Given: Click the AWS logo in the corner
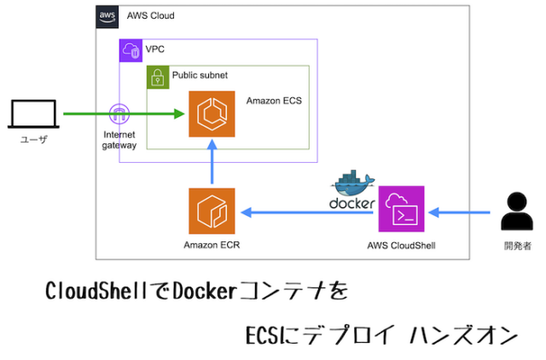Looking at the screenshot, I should (x=107, y=15).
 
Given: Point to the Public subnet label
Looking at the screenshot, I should (x=200, y=75).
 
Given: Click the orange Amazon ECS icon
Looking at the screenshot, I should (x=211, y=113).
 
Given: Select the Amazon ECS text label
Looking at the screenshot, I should (x=274, y=101).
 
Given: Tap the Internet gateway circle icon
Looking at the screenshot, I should (x=119, y=113).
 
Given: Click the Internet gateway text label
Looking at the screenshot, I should (x=119, y=140).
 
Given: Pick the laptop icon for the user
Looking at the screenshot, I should (x=32, y=114).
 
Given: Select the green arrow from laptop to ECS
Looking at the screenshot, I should (x=85, y=113).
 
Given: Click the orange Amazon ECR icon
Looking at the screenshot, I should (x=211, y=210).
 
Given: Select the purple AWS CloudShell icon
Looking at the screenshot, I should (x=402, y=209).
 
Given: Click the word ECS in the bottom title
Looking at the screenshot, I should (x=264, y=334).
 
